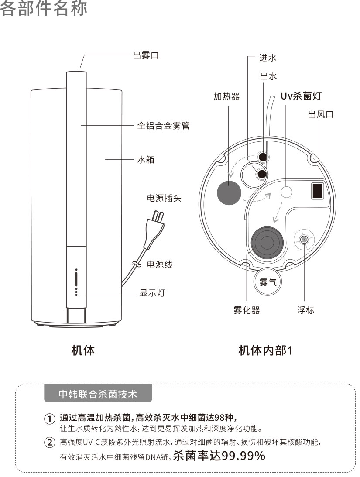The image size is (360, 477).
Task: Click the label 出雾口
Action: pos(146,56)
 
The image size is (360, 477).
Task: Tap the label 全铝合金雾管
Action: pos(163,125)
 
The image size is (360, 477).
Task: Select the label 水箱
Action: pos(146,159)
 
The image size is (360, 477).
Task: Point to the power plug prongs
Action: pos(158,217)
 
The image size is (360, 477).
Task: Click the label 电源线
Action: pos(160,264)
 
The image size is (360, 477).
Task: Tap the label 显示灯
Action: pos(152,293)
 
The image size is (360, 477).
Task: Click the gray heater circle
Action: pos(229,192)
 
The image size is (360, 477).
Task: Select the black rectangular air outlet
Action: pos(317,191)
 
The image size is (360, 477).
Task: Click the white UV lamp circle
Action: pos(286,192)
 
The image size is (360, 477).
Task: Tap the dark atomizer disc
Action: pos(267,243)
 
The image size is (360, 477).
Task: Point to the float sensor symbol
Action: pos(304,240)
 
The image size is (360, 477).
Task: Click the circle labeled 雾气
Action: pos(268,282)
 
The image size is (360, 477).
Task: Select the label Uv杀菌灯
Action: pos(301,96)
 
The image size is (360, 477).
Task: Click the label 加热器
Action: pos(226,96)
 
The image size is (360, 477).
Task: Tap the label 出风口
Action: pos(321,114)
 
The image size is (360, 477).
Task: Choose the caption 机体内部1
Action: pos(265,350)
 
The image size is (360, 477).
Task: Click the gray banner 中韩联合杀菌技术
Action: pos(98,394)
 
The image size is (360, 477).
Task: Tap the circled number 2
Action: pos(50,443)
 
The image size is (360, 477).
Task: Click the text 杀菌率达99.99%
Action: pos(219,456)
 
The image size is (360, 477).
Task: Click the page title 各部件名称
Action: pos(44,8)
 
